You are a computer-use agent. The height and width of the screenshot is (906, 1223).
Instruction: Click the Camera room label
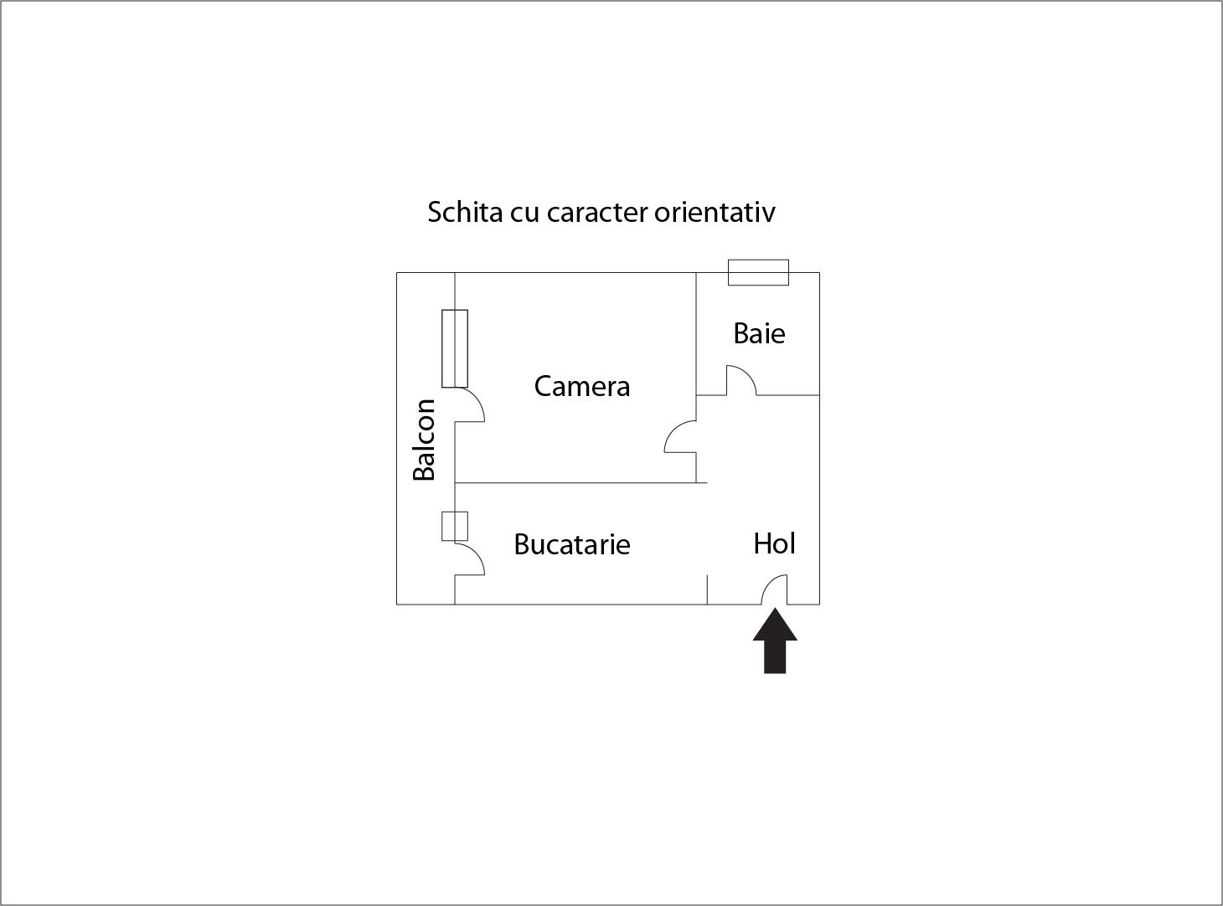tap(582, 386)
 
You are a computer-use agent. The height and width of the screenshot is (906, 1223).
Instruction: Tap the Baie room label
tap(759, 333)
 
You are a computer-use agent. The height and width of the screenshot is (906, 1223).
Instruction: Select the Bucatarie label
tap(571, 544)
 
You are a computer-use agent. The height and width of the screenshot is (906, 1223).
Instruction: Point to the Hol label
tap(774, 543)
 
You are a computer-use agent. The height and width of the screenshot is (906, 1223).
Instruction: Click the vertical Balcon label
tap(425, 440)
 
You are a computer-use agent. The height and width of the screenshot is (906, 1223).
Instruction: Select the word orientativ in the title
tap(715, 212)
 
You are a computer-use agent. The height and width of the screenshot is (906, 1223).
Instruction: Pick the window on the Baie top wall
tap(758, 272)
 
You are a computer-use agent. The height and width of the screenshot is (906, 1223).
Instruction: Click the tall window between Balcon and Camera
tap(455, 348)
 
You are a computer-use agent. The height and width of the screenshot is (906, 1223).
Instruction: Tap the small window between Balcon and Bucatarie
tap(455, 526)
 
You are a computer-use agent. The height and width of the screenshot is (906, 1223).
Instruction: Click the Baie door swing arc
tap(741, 380)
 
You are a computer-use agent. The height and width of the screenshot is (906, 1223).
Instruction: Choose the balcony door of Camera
tap(470, 404)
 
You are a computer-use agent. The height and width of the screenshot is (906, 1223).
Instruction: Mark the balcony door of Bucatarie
tap(470, 559)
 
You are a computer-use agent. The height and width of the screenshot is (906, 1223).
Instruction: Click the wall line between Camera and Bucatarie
tap(578, 483)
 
